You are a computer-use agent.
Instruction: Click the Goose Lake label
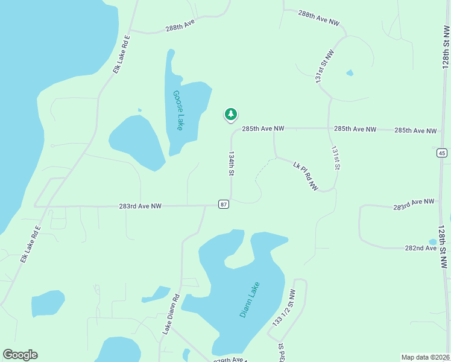click(x=178, y=110)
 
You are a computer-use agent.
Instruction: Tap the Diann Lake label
click(x=249, y=300)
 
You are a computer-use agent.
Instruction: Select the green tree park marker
click(x=230, y=114)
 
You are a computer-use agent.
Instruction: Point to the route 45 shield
click(x=443, y=153)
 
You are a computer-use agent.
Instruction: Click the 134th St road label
click(x=231, y=163)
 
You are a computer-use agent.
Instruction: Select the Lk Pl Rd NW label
click(x=305, y=176)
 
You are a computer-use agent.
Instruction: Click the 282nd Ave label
click(x=420, y=248)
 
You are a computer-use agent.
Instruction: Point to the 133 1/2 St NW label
click(x=283, y=308)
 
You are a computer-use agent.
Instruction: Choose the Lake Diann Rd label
click(x=171, y=314)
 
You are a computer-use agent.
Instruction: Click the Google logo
click(x=20, y=355)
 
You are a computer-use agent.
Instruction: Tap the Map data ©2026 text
click(x=425, y=357)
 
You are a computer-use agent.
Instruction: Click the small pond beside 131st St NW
click(x=350, y=73)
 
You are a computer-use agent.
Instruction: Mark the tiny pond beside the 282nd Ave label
click(x=432, y=242)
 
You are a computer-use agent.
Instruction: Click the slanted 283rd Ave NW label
click(x=414, y=204)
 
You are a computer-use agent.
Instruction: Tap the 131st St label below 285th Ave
click(x=336, y=158)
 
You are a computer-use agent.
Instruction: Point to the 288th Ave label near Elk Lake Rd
click(x=181, y=25)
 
